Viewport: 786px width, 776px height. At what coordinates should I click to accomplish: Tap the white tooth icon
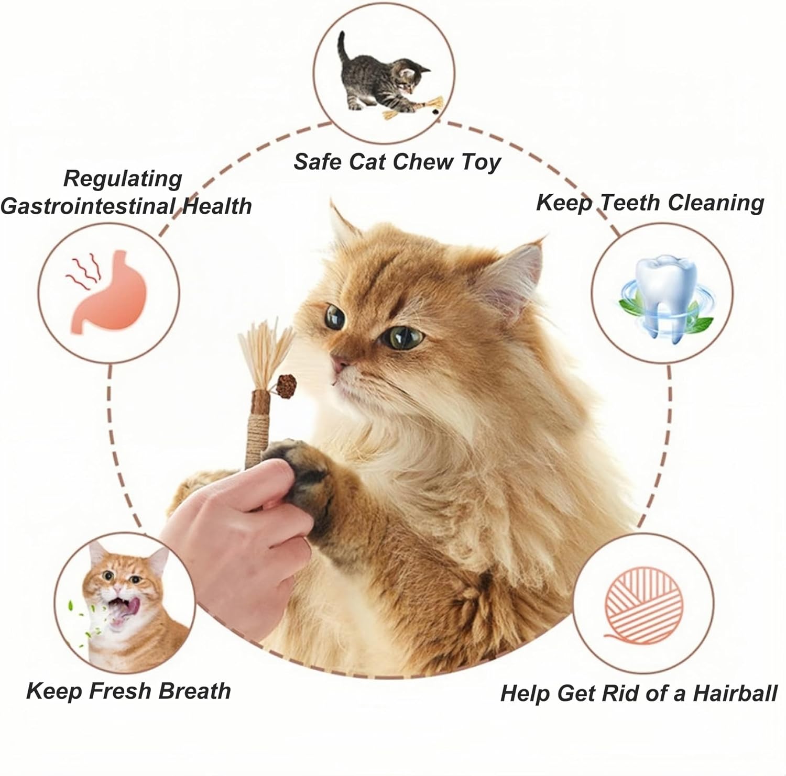662,293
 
